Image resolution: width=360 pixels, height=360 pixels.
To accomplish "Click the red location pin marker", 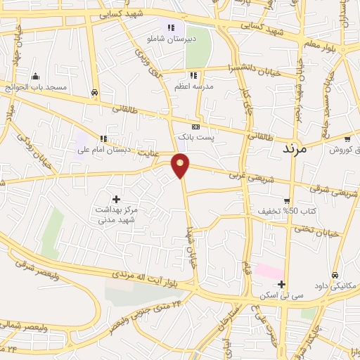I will point(181,166).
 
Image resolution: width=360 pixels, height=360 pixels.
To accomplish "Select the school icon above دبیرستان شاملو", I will point(170,27).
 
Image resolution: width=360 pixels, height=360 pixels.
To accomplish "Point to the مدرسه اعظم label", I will point(194,86).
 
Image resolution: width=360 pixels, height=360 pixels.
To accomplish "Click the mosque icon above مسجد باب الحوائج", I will point(36,77).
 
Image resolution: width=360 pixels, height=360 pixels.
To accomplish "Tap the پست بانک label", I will point(195,136).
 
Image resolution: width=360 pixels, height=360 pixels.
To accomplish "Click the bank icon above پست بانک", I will point(195,126).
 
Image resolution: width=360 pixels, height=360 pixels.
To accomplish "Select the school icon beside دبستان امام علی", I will point(104,139).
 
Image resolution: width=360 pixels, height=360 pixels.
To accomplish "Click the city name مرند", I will point(295,149).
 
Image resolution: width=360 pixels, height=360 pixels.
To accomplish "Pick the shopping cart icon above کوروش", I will point(347,139).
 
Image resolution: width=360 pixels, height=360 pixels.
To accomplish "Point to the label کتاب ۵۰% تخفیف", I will point(281,211).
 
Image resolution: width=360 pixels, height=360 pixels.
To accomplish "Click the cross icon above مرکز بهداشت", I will point(117,199).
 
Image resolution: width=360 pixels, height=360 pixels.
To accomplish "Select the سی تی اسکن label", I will point(280,295).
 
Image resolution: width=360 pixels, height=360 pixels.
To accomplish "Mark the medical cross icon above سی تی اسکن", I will point(281,284).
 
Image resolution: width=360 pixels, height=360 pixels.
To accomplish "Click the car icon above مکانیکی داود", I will point(335,275).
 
